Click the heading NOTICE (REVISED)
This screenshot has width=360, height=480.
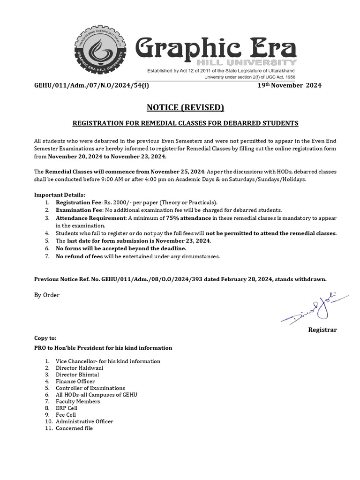185,107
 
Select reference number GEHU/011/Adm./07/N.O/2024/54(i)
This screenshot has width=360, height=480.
92,85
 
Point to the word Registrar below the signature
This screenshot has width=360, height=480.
322,330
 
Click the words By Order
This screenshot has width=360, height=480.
47,295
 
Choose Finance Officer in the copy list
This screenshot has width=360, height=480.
75,382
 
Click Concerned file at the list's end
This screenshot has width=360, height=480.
74,428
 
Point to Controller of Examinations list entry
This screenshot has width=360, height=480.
90,388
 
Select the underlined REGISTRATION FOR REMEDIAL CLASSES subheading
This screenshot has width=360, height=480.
185,123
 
